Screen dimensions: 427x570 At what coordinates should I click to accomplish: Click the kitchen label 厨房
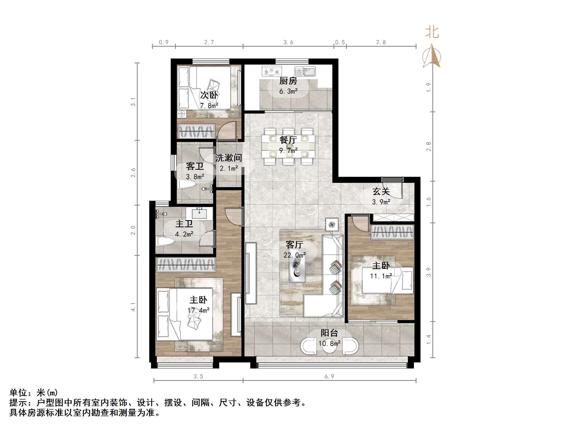click(288, 81)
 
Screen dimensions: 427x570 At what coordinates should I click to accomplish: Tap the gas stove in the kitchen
click(271, 71)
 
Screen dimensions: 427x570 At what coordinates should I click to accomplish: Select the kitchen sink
click(305, 71)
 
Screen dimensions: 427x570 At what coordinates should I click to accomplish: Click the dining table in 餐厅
click(288, 146)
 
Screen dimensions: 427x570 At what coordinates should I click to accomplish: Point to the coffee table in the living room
click(297, 265)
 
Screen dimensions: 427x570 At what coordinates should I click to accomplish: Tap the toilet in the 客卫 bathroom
click(187, 184)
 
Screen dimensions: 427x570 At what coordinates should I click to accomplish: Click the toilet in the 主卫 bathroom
click(165, 241)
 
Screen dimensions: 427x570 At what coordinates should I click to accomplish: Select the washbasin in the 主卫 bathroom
click(199, 213)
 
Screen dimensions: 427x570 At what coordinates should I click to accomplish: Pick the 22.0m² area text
click(294, 255)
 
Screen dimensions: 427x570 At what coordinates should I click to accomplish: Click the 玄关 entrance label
click(381, 191)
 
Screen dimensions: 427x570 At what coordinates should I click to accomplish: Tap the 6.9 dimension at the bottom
click(329, 377)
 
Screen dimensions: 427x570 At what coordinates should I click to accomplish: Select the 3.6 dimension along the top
click(288, 42)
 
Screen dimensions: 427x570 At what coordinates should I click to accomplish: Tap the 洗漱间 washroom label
click(229, 158)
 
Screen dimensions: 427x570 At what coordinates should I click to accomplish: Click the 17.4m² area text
click(199, 310)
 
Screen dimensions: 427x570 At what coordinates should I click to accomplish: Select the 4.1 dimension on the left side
click(133, 307)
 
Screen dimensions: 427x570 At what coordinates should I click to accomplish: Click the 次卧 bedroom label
click(209, 95)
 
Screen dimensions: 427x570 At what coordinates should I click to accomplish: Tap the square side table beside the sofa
click(332, 225)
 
